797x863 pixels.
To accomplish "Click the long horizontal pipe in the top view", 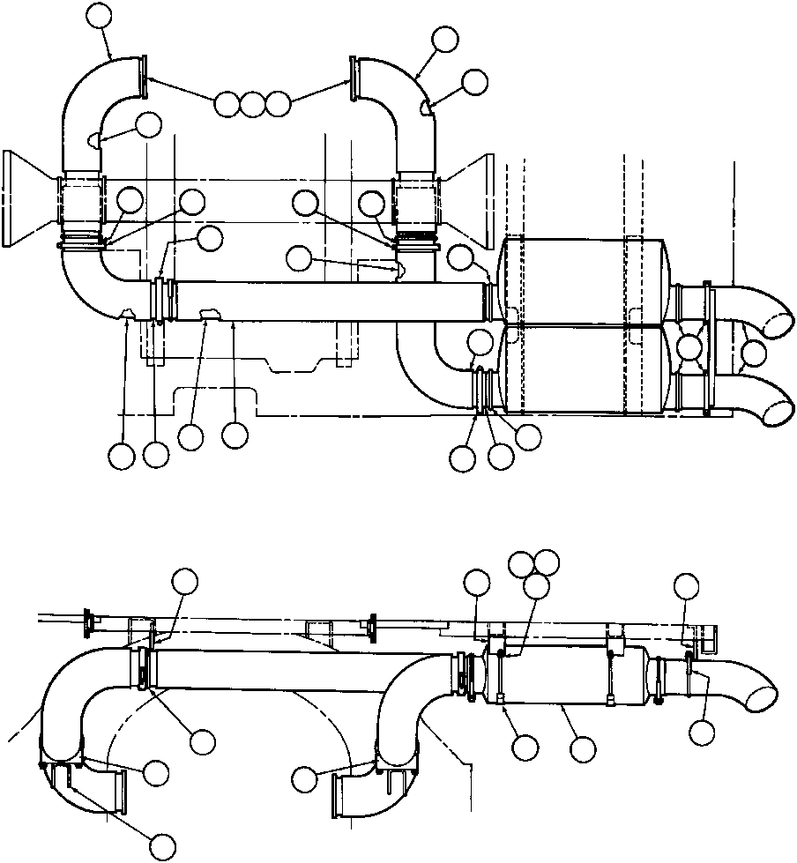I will pyautogui.click(x=326, y=300).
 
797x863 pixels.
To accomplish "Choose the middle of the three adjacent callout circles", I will pyautogui.click(x=253, y=104).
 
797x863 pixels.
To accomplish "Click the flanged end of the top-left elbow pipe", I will pyautogui.click(x=141, y=74).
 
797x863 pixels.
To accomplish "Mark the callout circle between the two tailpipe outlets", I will pyautogui.click(x=756, y=355).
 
